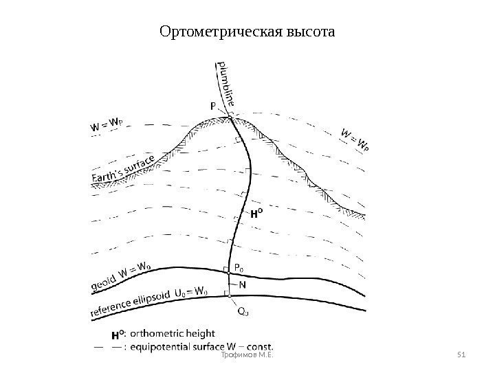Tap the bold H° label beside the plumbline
coord(256,214)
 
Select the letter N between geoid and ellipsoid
coord(243,282)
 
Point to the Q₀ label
coord(243,311)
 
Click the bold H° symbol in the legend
coord(118,335)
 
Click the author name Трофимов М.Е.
coord(247,355)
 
